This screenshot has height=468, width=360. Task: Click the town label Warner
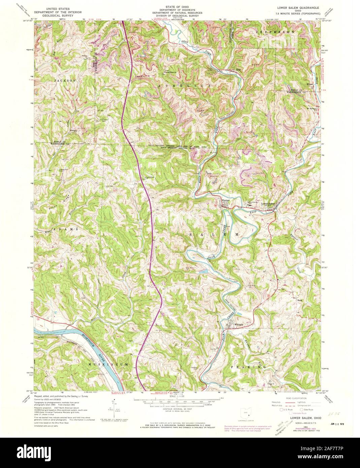pos(225,201)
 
